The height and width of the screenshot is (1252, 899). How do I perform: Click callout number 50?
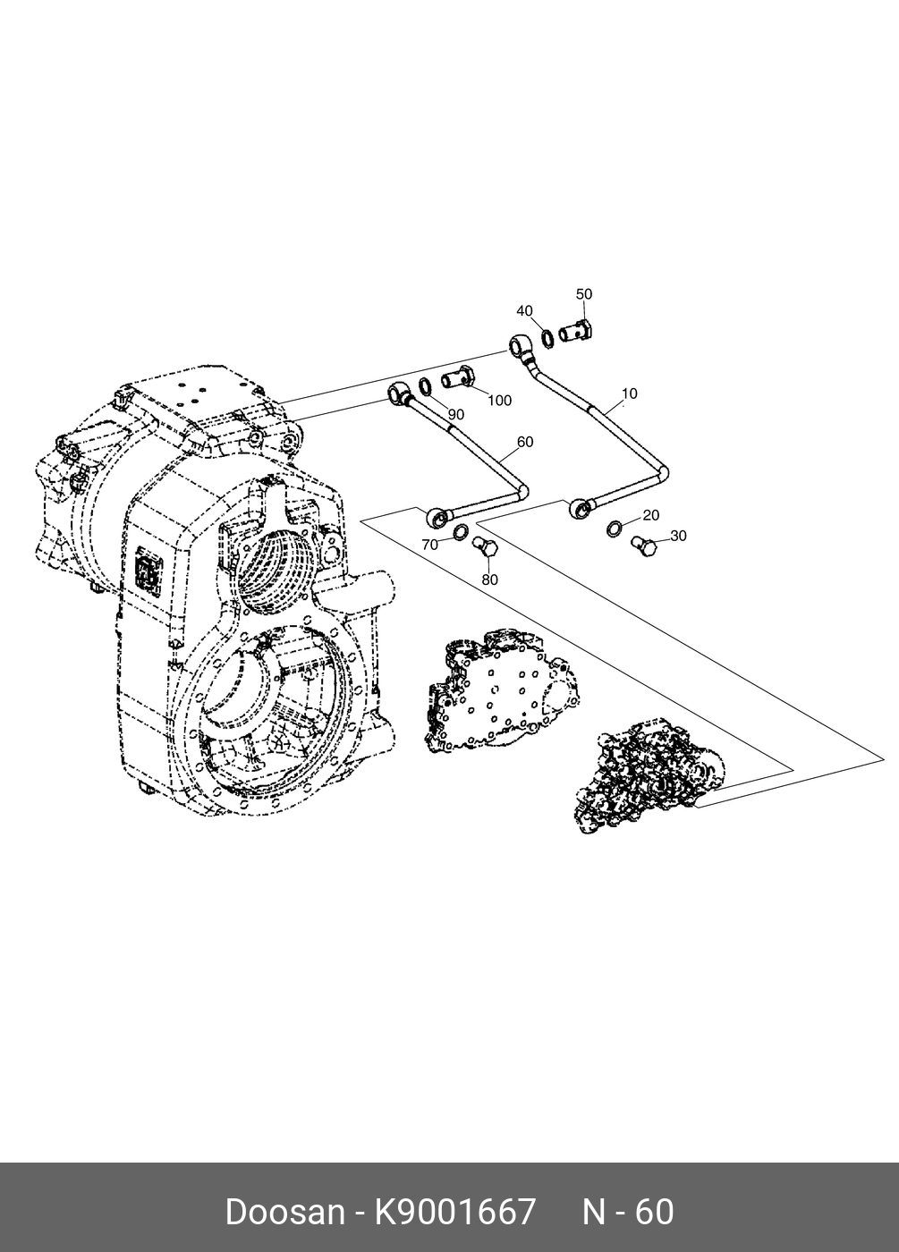click(583, 294)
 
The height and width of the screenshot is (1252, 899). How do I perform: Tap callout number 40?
click(524, 310)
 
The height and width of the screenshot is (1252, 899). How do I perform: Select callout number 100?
click(499, 400)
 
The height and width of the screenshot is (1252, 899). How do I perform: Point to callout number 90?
click(456, 414)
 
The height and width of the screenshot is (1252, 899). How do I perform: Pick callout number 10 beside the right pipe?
click(629, 393)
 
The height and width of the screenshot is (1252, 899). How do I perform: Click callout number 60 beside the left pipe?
click(525, 442)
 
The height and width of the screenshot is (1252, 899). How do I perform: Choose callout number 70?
click(429, 544)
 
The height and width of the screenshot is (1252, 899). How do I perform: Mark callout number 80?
click(489, 579)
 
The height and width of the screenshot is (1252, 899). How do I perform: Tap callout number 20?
click(650, 515)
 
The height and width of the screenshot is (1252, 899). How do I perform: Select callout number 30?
click(678, 536)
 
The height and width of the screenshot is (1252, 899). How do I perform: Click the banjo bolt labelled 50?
click(580, 332)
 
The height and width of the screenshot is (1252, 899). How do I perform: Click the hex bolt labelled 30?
click(643, 543)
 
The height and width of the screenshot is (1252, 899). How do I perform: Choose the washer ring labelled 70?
click(460, 535)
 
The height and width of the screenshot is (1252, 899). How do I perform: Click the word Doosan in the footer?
click(284, 1212)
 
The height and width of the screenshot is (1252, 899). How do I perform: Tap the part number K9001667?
click(455, 1212)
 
